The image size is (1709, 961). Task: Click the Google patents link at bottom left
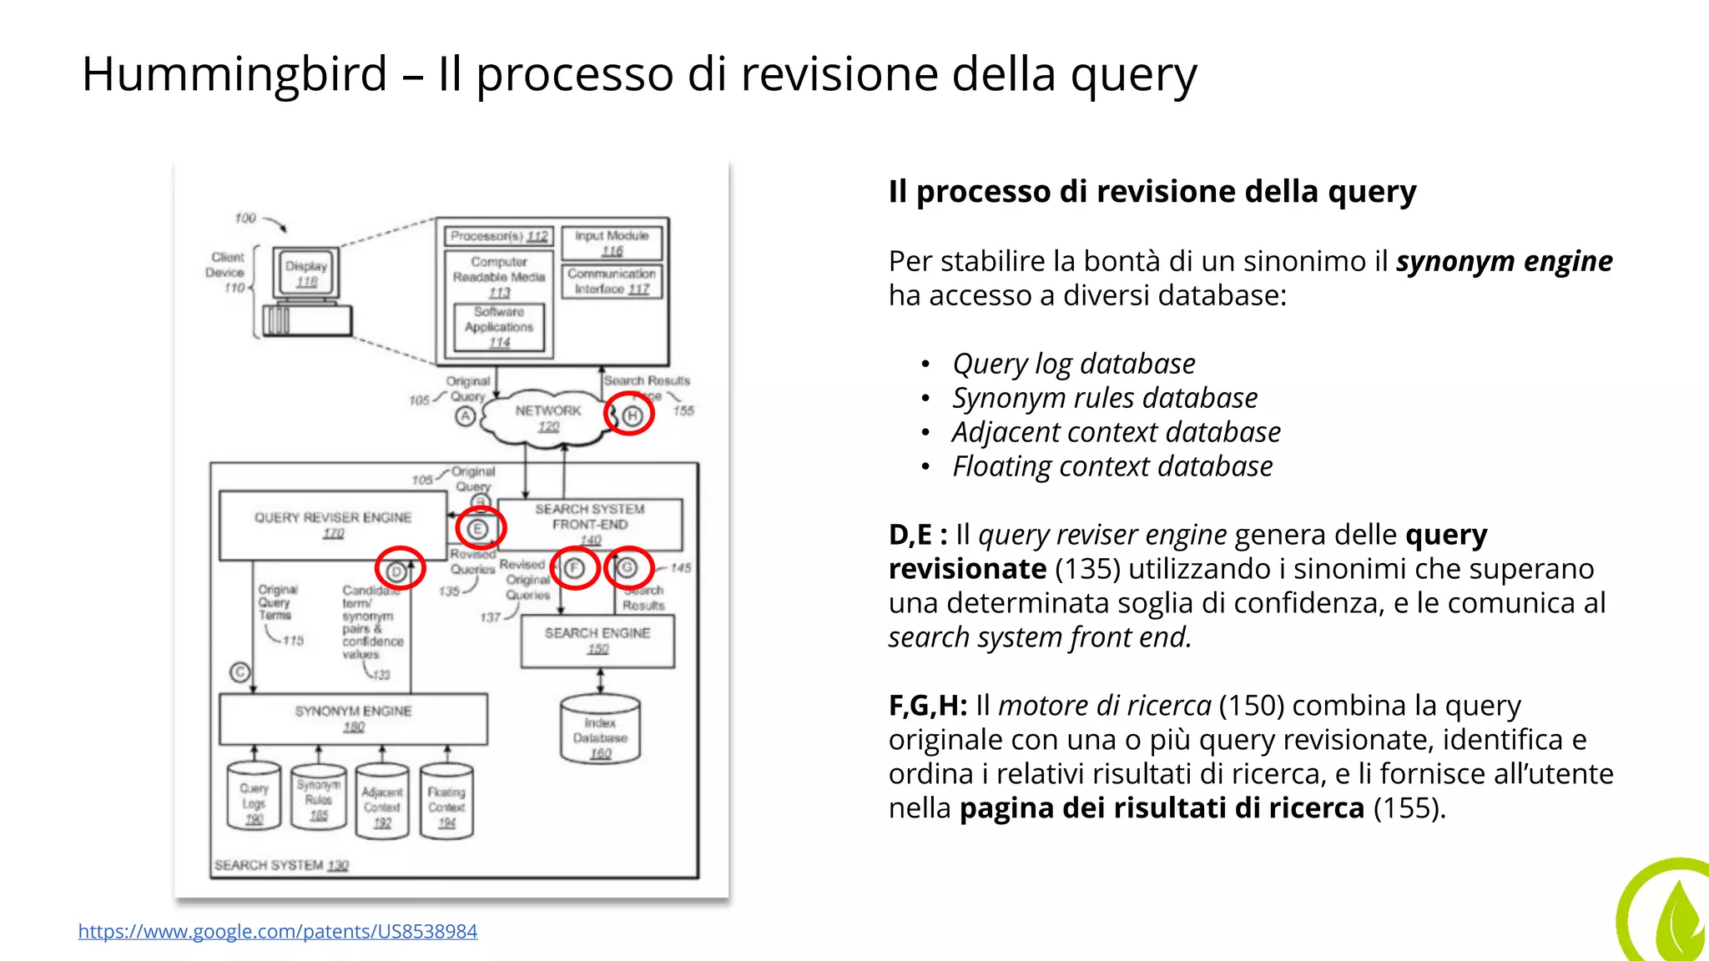pyautogui.click(x=278, y=931)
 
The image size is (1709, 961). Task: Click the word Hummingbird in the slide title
pyautogui.click(x=234, y=73)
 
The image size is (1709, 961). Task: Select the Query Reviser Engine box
pyautogui.click(x=333, y=525)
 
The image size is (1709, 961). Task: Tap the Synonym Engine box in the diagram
pyautogui.click(x=353, y=718)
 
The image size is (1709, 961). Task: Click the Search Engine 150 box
pyautogui.click(x=597, y=641)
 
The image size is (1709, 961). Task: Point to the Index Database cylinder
pyautogui.click(x=600, y=731)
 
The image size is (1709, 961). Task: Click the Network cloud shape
pyautogui.click(x=547, y=417)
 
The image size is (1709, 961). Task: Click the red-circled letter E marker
pyautogui.click(x=479, y=529)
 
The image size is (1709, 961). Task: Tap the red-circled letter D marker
pyautogui.click(x=399, y=571)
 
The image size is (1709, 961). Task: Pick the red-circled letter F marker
pyautogui.click(x=575, y=568)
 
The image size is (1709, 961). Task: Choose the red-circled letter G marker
pyautogui.click(x=628, y=568)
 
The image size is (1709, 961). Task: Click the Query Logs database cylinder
pyautogui.click(x=254, y=797)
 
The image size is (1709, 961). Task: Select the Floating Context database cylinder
pyautogui.click(x=446, y=801)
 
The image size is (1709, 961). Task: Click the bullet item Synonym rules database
pyautogui.click(x=1104, y=398)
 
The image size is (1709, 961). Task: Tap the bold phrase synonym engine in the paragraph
pyautogui.click(x=1504, y=261)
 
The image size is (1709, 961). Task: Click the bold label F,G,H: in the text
pyautogui.click(x=927, y=706)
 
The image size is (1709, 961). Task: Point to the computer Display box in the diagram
pyautogui.click(x=306, y=273)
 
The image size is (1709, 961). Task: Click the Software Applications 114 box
pyautogui.click(x=499, y=327)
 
